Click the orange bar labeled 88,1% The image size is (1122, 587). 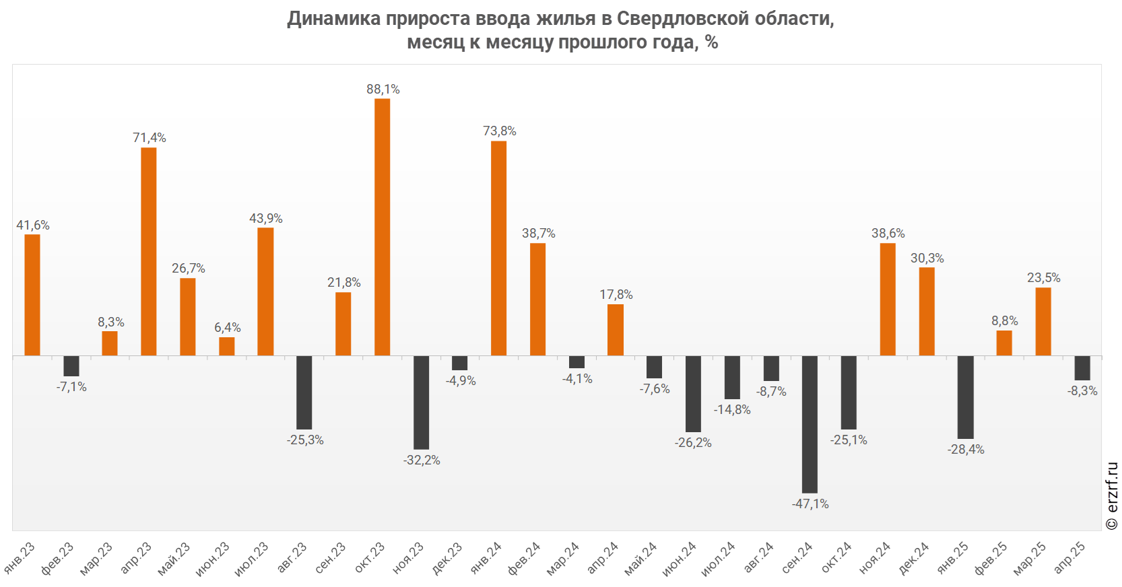[x=382, y=227]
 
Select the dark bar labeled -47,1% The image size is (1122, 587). [x=810, y=424]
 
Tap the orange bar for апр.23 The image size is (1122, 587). [x=149, y=251]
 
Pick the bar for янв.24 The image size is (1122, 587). [x=498, y=248]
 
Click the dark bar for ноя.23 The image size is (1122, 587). [x=421, y=402]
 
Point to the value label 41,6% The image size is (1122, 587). [x=33, y=226]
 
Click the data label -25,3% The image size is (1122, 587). [x=305, y=440]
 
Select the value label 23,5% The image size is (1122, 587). [x=1043, y=278]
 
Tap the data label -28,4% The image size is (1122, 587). [x=966, y=450]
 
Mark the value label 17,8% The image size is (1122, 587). [x=616, y=295]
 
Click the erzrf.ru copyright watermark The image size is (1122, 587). [x=1112, y=496]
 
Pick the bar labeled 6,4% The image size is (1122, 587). [x=227, y=346]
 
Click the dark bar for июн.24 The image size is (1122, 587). [x=693, y=394]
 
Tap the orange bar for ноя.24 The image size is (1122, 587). [x=888, y=299]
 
